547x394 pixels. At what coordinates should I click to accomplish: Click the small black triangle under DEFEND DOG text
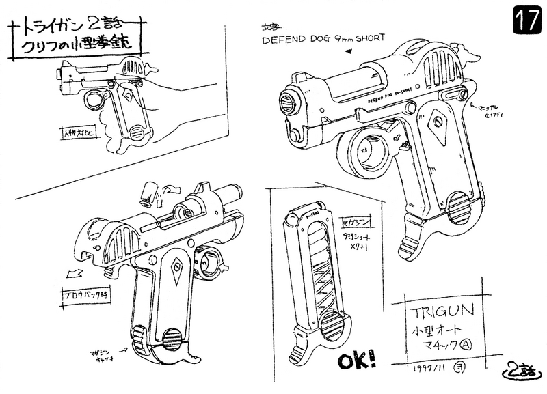point(350,51)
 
